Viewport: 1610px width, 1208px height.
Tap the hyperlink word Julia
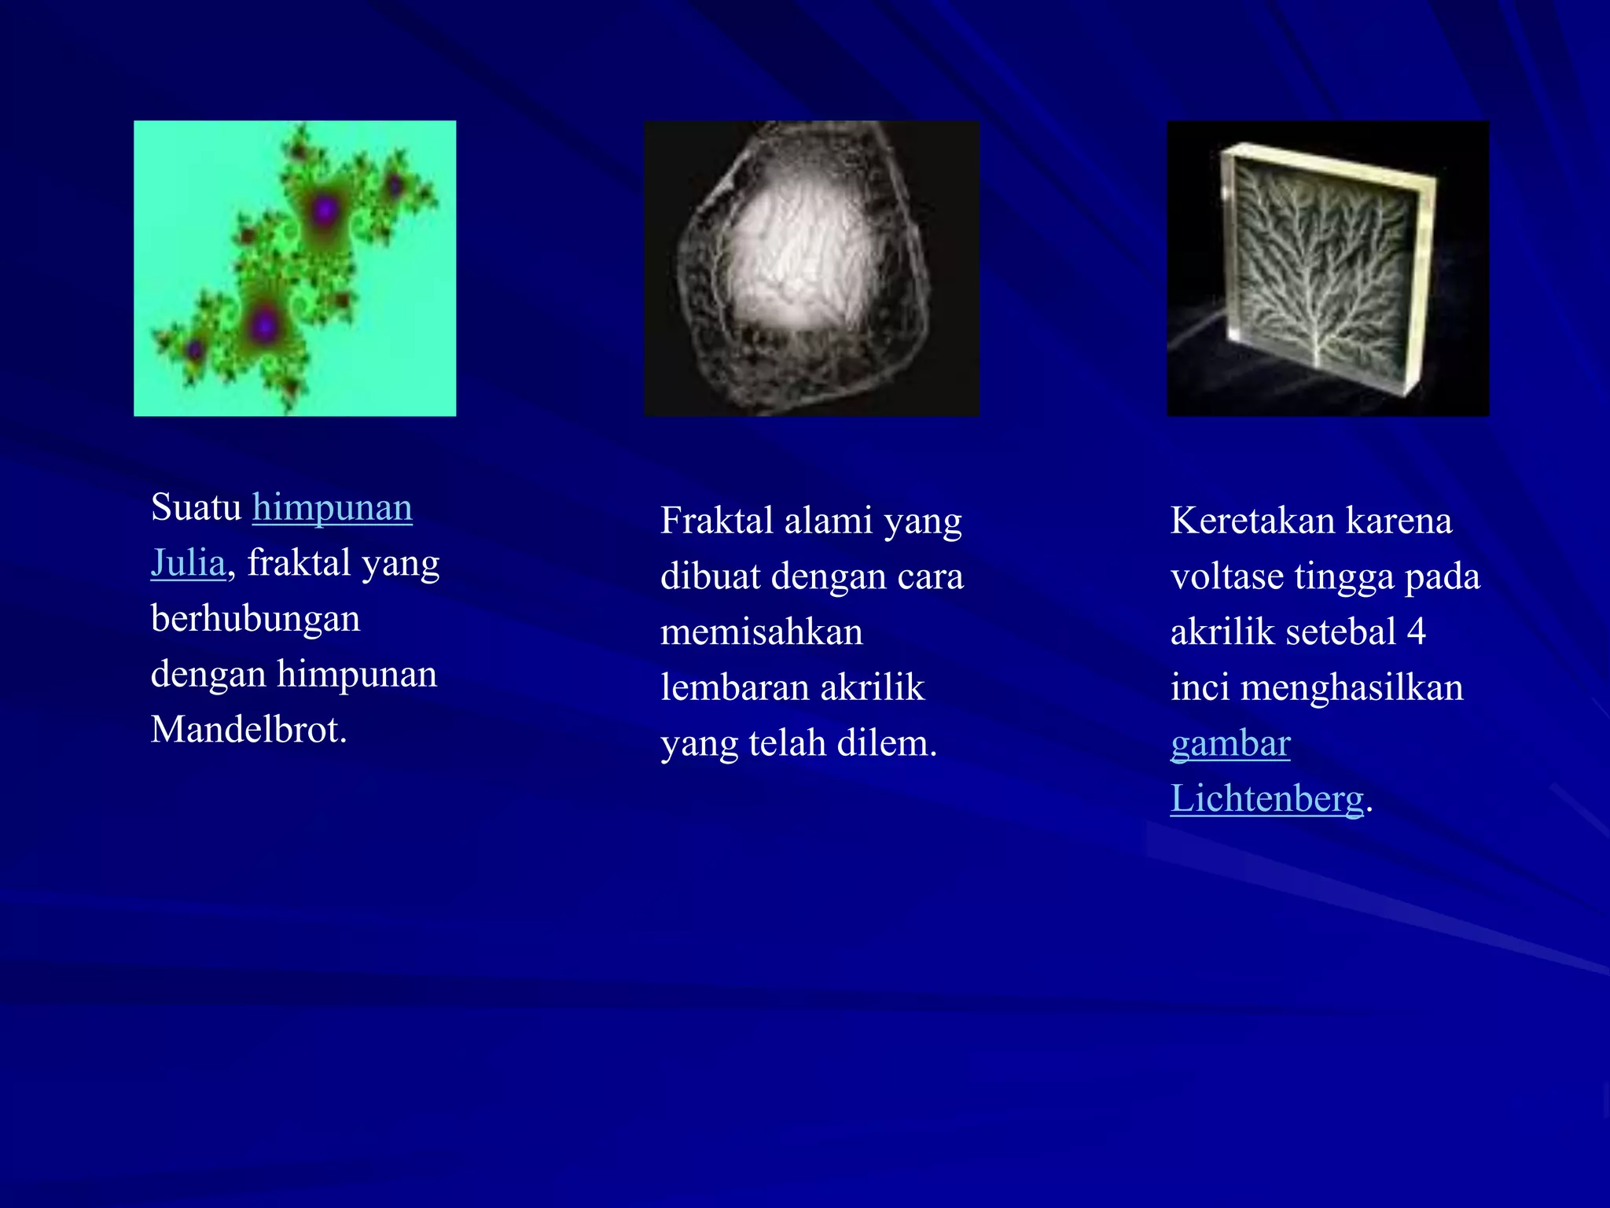188,564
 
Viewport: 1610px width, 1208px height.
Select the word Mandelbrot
248,731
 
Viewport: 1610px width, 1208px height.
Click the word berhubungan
255,619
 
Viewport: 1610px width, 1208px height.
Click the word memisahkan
761,633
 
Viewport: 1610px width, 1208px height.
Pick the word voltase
1226,577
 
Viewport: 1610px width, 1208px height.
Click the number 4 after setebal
1416,632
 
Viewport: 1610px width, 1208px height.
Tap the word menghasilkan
1351,688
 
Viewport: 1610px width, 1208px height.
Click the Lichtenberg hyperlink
1266,799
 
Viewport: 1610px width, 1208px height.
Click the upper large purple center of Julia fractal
325,210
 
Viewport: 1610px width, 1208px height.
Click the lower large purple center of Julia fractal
265,323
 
